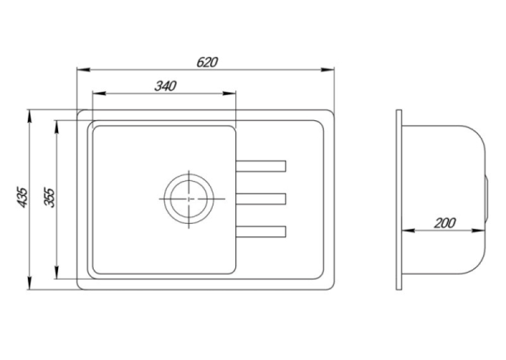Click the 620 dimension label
pyautogui.click(x=207, y=62)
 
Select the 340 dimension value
pyautogui.click(x=165, y=86)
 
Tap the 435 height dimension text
pyautogui.click(x=22, y=197)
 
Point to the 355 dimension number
pyautogui.click(x=50, y=197)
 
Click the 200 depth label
pyautogui.click(x=445, y=223)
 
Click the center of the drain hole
pyautogui.click(x=189, y=199)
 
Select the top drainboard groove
pyautogui.click(x=261, y=166)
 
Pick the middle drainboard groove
pyautogui.click(x=261, y=199)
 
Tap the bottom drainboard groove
pyautogui.click(x=261, y=232)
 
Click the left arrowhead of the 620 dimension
pyautogui.click(x=84, y=69)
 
